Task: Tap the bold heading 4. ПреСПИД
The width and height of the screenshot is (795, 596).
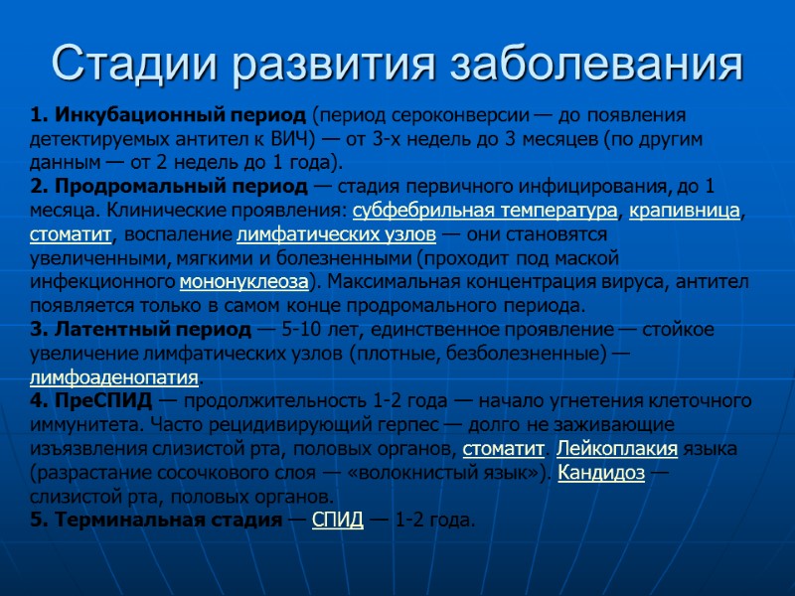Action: click(91, 401)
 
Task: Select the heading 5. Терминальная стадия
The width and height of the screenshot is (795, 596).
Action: click(156, 520)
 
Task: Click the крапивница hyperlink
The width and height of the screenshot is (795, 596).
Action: click(685, 211)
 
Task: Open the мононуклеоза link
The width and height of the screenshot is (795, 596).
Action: click(243, 282)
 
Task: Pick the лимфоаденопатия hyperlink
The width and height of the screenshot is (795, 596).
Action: click(114, 377)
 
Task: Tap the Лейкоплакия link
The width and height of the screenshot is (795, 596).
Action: click(617, 449)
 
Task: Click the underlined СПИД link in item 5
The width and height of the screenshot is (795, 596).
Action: click(338, 520)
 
